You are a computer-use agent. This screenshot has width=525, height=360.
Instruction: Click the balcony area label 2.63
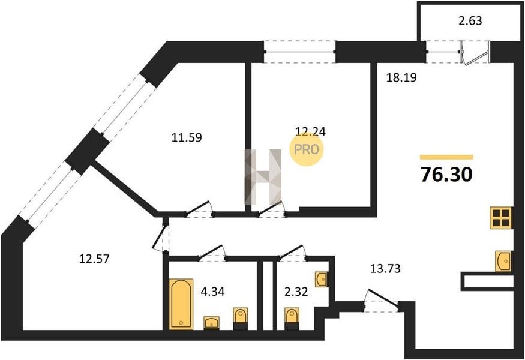click(x=470, y=21)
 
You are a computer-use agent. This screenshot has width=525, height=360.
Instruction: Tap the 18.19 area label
click(x=401, y=77)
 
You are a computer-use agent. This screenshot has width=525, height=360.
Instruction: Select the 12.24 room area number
click(x=310, y=131)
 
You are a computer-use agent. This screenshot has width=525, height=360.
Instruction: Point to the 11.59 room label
click(x=187, y=137)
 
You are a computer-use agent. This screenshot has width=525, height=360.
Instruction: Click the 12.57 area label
click(x=94, y=259)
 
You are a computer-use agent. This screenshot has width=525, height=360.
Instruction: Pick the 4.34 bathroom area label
click(x=212, y=292)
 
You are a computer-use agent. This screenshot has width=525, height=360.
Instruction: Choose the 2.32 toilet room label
click(x=296, y=292)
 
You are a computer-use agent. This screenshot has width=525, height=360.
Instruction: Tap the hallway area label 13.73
click(x=385, y=269)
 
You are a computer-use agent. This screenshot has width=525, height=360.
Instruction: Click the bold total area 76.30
click(x=446, y=175)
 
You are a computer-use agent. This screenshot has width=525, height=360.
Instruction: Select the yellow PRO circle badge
click(x=306, y=149)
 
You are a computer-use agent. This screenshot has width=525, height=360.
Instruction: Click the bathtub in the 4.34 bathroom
click(x=181, y=304)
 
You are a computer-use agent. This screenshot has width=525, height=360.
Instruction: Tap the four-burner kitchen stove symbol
click(x=500, y=218)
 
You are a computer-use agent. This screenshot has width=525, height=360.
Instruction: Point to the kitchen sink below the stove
click(x=503, y=261)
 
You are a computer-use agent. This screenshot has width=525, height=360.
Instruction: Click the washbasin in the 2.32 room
click(x=321, y=279)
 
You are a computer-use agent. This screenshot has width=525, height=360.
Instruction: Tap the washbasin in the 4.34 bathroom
click(x=212, y=323)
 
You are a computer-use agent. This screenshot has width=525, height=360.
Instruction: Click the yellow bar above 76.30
click(x=446, y=157)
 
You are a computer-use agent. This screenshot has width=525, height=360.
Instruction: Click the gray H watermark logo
click(x=263, y=176)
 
